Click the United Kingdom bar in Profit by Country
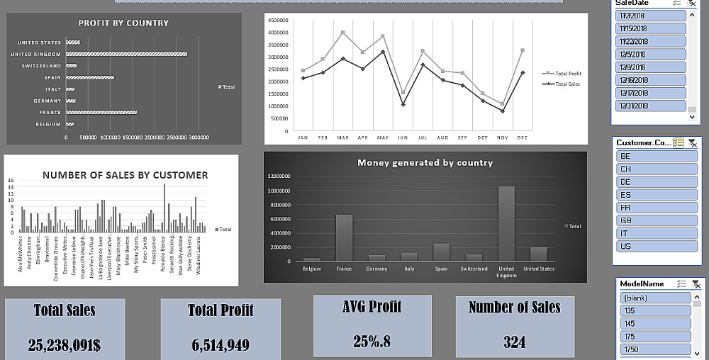click(126, 54)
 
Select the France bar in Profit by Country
click(101, 112)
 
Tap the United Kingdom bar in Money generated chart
click(506, 224)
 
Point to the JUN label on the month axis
click(403, 137)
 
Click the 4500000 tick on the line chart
click(278, 20)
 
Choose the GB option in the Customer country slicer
click(654, 220)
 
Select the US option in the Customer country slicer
click(654, 246)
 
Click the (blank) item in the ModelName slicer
click(654, 298)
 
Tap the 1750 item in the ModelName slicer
click(654, 349)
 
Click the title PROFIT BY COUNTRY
click(123, 23)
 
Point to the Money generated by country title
click(425, 162)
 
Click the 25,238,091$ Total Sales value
click(65, 345)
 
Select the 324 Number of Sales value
click(514, 342)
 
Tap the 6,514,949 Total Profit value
click(220, 345)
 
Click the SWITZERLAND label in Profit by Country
click(40, 66)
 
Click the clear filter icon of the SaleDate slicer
click(692, 4)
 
